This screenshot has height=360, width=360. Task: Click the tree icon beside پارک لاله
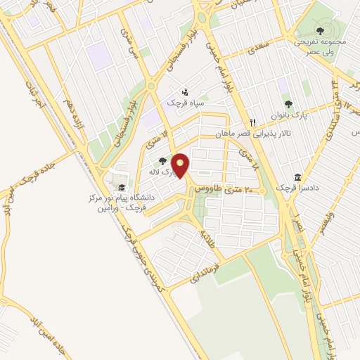(x=164, y=161)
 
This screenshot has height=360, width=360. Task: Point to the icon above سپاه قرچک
(x=185, y=92)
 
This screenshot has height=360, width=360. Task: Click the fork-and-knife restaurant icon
(x=252, y=122)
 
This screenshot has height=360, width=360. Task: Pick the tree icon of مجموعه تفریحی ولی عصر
(x=320, y=30)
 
